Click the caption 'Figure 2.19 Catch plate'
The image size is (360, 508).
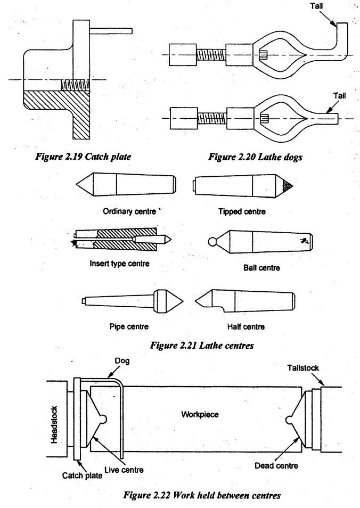pyautogui.click(x=83, y=157)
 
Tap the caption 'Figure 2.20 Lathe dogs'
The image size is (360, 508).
pyautogui.click(x=255, y=157)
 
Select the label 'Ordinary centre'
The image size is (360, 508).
pyautogui.click(x=129, y=211)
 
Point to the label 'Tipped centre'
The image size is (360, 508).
pyautogui.click(x=242, y=211)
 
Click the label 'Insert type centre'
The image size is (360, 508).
pyautogui.click(x=120, y=264)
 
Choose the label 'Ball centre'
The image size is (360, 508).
pyautogui.click(x=261, y=268)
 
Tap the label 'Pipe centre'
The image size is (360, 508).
pyautogui.click(x=129, y=326)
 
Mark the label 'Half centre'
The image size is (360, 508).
pyautogui.click(x=246, y=326)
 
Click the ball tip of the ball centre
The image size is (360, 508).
pyautogui.click(x=212, y=242)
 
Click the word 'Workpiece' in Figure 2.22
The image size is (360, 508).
pyautogui.click(x=200, y=414)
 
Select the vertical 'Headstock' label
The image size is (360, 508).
pyautogui.click(x=54, y=425)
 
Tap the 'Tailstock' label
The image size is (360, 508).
pyautogui.click(x=303, y=368)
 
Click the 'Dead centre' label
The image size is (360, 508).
pyautogui.click(x=276, y=465)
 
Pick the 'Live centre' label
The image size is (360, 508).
pyautogui.click(x=124, y=470)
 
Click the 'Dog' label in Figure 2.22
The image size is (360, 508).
pyautogui.click(x=122, y=360)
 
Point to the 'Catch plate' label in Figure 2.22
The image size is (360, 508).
pyautogui.click(x=82, y=476)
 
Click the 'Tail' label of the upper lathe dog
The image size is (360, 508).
pyautogui.click(x=316, y=6)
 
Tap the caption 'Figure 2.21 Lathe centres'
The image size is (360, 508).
pyautogui.click(x=201, y=346)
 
